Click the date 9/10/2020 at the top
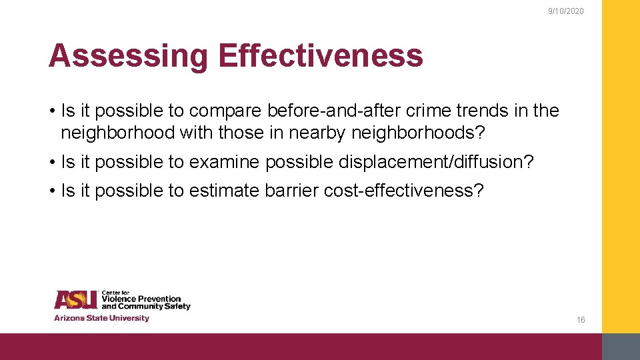tap(565, 11)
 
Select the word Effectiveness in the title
tap(320, 56)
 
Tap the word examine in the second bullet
tap(224, 162)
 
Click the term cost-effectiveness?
tap(404, 191)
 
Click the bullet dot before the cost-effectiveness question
tap(51, 191)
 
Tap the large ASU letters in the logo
tap(76, 301)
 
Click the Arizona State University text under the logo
tap(101, 318)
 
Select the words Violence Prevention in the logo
tap(141, 299)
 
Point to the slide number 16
tap(581, 320)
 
